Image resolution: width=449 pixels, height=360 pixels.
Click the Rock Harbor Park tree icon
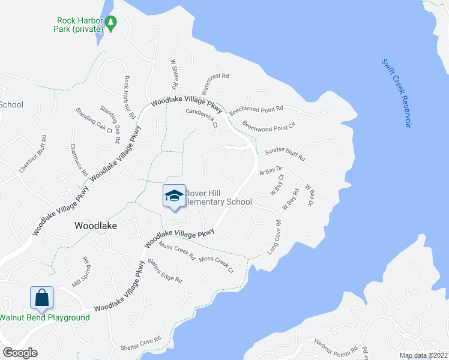(110, 23)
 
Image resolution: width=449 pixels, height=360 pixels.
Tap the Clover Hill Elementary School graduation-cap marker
(174, 196)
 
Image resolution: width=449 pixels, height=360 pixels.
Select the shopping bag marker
(41, 298)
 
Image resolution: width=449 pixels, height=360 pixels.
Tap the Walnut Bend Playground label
(45, 317)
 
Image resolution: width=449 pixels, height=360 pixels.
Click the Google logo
(20, 353)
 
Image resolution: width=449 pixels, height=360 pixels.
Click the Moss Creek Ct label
(216, 264)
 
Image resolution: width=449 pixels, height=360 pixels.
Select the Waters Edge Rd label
(164, 271)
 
